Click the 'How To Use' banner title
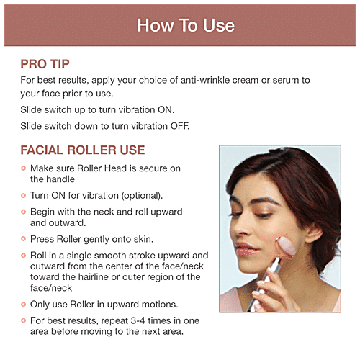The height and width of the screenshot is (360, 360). coord(186,25)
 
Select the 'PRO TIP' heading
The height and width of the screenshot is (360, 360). coord(45,64)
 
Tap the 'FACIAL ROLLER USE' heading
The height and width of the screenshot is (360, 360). coord(83,150)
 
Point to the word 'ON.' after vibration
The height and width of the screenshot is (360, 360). coord(166,109)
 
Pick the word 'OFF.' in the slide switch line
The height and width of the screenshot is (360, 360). coord(180,126)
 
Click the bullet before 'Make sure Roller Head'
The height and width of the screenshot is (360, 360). coord(23,168)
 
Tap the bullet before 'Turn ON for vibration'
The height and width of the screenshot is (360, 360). coord(23,195)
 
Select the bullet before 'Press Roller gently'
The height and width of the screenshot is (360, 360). coord(23,239)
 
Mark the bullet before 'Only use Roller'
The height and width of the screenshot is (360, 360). coord(23,305)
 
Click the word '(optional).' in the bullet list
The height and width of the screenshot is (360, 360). coord(142,196)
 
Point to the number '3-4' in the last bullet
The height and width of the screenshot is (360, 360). coord(138,320)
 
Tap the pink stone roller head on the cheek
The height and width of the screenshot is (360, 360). coord(285,248)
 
